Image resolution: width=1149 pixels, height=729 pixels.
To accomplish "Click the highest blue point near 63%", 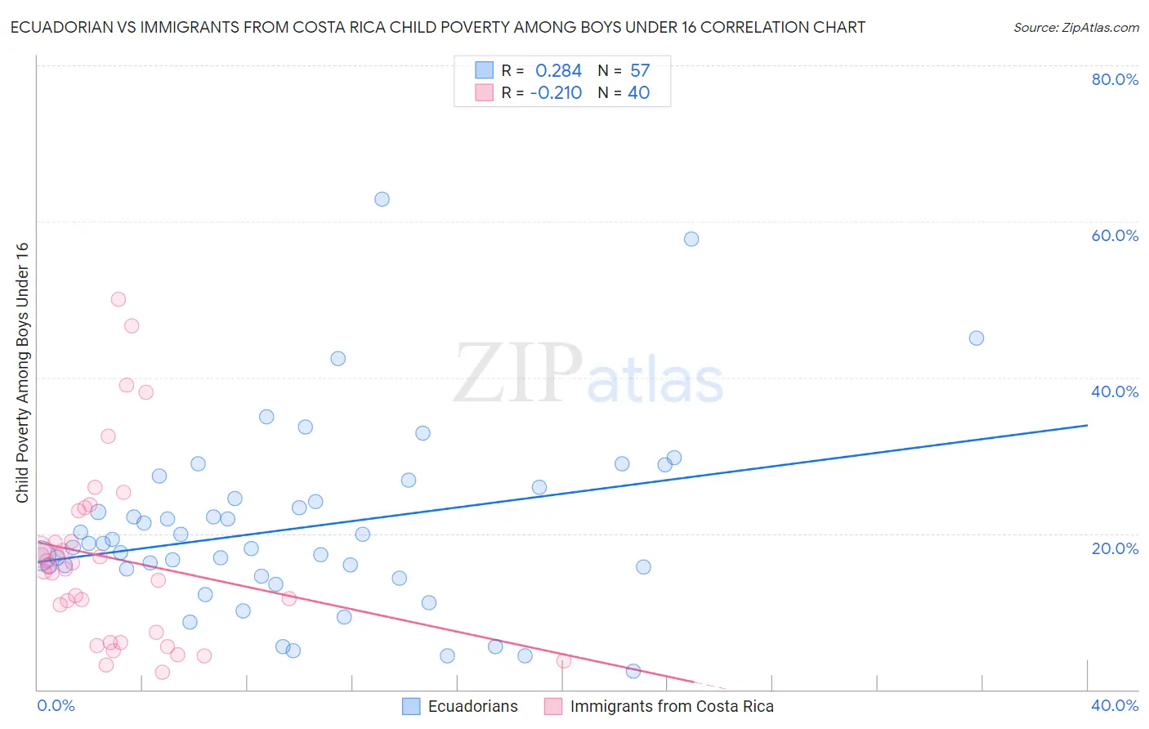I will click(382, 199).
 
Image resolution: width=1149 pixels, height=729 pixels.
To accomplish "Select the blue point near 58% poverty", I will click(691, 239).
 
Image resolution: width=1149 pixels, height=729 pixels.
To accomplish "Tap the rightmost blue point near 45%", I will click(976, 338).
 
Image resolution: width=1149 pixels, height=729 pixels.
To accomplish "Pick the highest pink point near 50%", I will click(118, 299).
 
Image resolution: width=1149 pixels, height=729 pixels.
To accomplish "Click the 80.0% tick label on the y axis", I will click(1115, 79).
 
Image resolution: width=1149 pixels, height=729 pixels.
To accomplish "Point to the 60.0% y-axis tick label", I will click(1115, 235).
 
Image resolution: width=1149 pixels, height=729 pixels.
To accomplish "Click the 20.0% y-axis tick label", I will click(1115, 548).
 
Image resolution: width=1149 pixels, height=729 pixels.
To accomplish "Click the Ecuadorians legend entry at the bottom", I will click(472, 707).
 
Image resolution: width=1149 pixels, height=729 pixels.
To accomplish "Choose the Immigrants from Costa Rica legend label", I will click(671, 707).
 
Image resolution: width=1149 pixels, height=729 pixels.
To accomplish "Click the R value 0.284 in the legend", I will click(558, 71).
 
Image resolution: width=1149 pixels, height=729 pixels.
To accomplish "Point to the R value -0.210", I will click(556, 93).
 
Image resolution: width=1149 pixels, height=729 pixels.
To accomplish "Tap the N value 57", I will click(640, 71).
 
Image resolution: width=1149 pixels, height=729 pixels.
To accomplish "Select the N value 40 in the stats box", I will click(638, 93).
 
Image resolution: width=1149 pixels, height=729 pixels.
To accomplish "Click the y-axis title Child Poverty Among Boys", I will click(22, 373).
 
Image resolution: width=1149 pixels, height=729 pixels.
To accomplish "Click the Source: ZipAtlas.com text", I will click(1075, 28).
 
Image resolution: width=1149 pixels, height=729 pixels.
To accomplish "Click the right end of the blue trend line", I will click(1087, 425).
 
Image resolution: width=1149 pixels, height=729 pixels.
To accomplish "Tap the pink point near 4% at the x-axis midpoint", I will click(563, 661).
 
